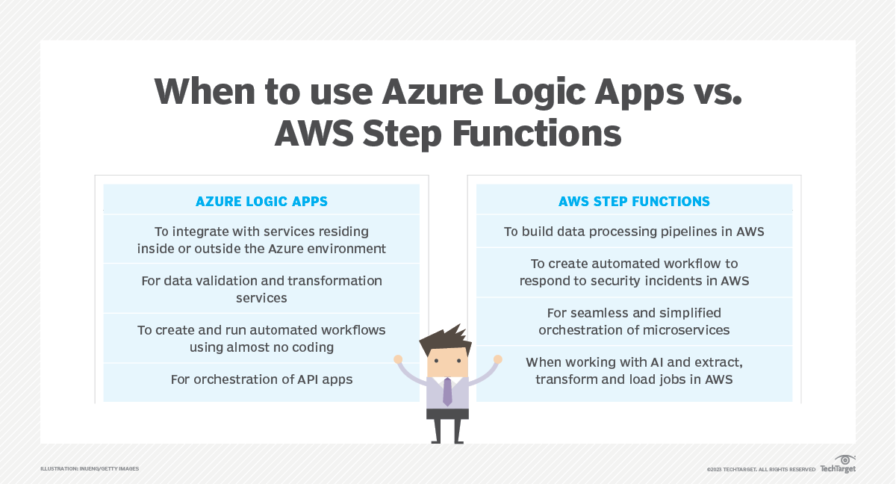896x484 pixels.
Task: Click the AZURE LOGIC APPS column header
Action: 261,202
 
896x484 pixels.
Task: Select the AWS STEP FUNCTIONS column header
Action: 634,202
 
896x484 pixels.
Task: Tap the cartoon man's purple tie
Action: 447,391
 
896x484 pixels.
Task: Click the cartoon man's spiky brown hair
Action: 445,341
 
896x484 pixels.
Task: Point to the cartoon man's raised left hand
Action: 497,359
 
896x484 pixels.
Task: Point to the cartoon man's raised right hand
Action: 398,359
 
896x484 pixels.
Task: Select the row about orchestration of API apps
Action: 261,379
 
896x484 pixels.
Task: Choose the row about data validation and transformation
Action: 261,289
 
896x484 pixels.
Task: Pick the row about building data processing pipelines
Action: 634,232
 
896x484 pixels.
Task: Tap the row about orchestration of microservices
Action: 634,321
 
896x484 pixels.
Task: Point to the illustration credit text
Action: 90,468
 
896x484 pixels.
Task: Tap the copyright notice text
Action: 761,469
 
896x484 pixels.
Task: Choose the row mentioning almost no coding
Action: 261,338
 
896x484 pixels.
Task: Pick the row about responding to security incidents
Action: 634,273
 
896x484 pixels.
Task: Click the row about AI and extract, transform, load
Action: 634,370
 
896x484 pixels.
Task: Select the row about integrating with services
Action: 261,240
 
